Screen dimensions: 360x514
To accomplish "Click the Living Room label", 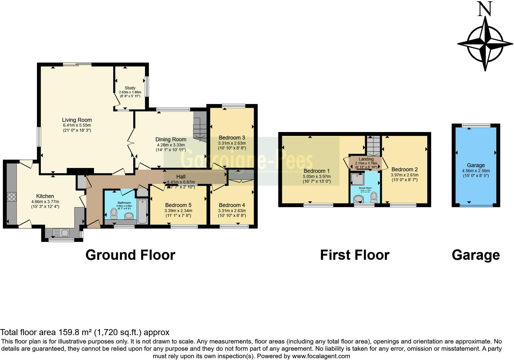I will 77,120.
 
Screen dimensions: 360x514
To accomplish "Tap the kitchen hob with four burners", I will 12,197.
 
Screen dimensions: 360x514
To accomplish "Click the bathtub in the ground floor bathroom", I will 142,211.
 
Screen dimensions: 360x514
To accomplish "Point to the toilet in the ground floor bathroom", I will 114,213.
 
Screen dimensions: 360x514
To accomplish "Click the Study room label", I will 130,88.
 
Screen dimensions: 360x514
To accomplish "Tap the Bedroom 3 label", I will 232,138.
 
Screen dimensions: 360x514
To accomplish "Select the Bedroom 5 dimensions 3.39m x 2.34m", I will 178,211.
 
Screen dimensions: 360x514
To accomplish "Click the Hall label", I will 181,177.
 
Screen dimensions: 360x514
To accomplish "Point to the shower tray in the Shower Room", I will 358,179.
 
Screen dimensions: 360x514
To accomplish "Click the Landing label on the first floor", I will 366,159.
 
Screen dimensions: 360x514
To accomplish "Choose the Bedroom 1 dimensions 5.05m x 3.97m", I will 316,177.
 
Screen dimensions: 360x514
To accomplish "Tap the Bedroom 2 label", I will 404,169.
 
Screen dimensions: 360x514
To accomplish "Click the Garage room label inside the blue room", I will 476,165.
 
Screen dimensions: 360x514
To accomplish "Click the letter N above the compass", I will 485,9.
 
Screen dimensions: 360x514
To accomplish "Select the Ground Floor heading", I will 130,255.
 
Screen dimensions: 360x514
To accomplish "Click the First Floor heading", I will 355,255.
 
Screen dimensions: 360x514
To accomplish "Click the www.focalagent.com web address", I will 321,356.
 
